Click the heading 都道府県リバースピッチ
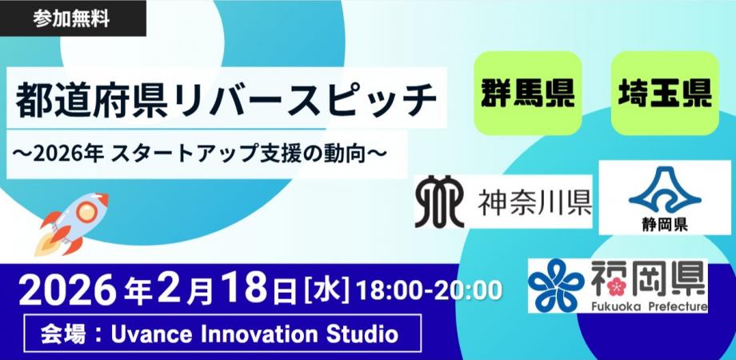click(227, 99)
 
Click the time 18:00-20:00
click(430, 290)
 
